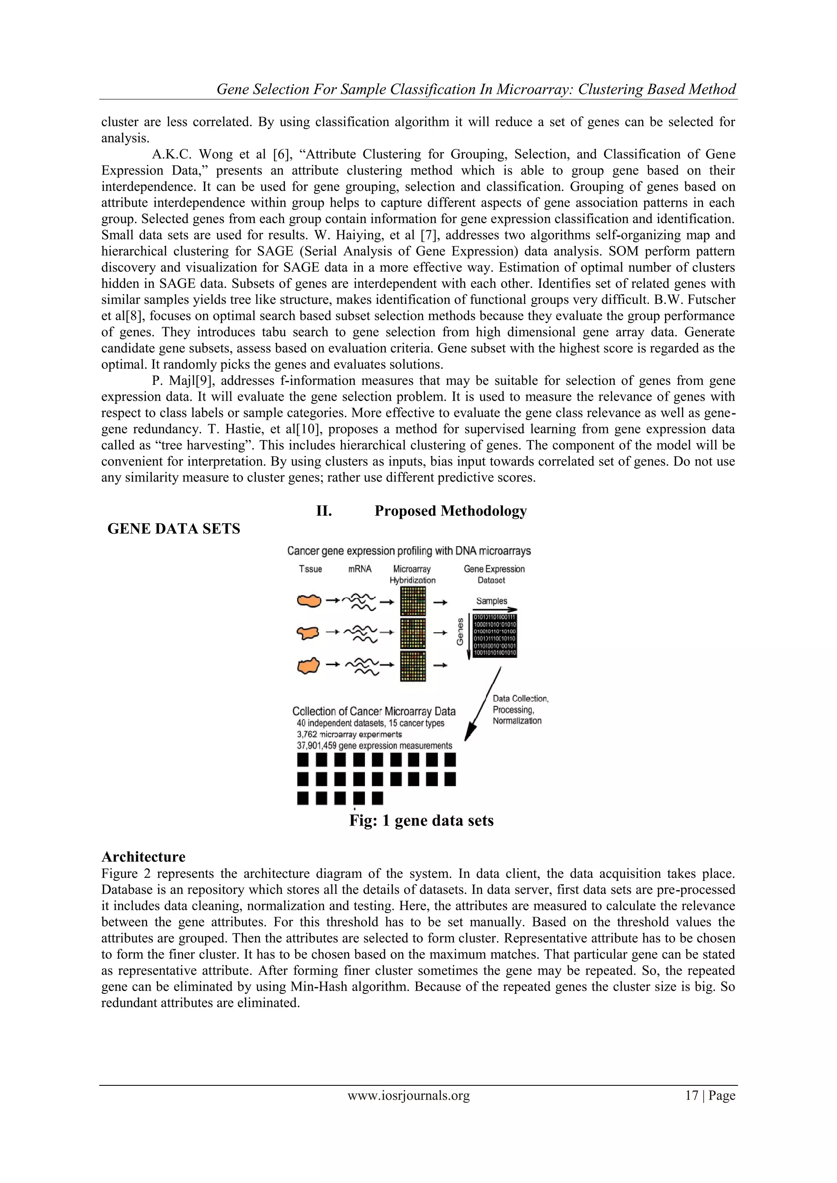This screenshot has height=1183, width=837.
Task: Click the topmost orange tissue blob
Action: (309, 601)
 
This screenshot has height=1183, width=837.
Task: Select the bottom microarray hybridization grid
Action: (413, 666)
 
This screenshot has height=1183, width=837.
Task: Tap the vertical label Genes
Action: (460, 632)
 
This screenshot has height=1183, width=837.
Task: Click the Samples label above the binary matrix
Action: (491, 601)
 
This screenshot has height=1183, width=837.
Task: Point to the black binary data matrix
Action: (494, 635)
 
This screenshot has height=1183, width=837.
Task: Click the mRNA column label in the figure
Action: (360, 569)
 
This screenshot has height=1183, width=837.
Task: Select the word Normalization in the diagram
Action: (517, 721)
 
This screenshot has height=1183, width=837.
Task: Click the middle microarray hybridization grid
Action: (413, 633)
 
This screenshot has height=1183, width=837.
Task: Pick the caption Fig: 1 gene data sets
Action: (421, 820)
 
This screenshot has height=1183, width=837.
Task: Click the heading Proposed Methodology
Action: (450, 511)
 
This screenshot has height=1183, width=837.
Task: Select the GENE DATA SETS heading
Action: (174, 529)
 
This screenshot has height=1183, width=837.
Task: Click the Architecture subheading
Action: (143, 856)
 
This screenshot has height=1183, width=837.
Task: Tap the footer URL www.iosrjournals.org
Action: (408, 1096)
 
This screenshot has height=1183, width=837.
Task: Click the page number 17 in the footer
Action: (691, 1096)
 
